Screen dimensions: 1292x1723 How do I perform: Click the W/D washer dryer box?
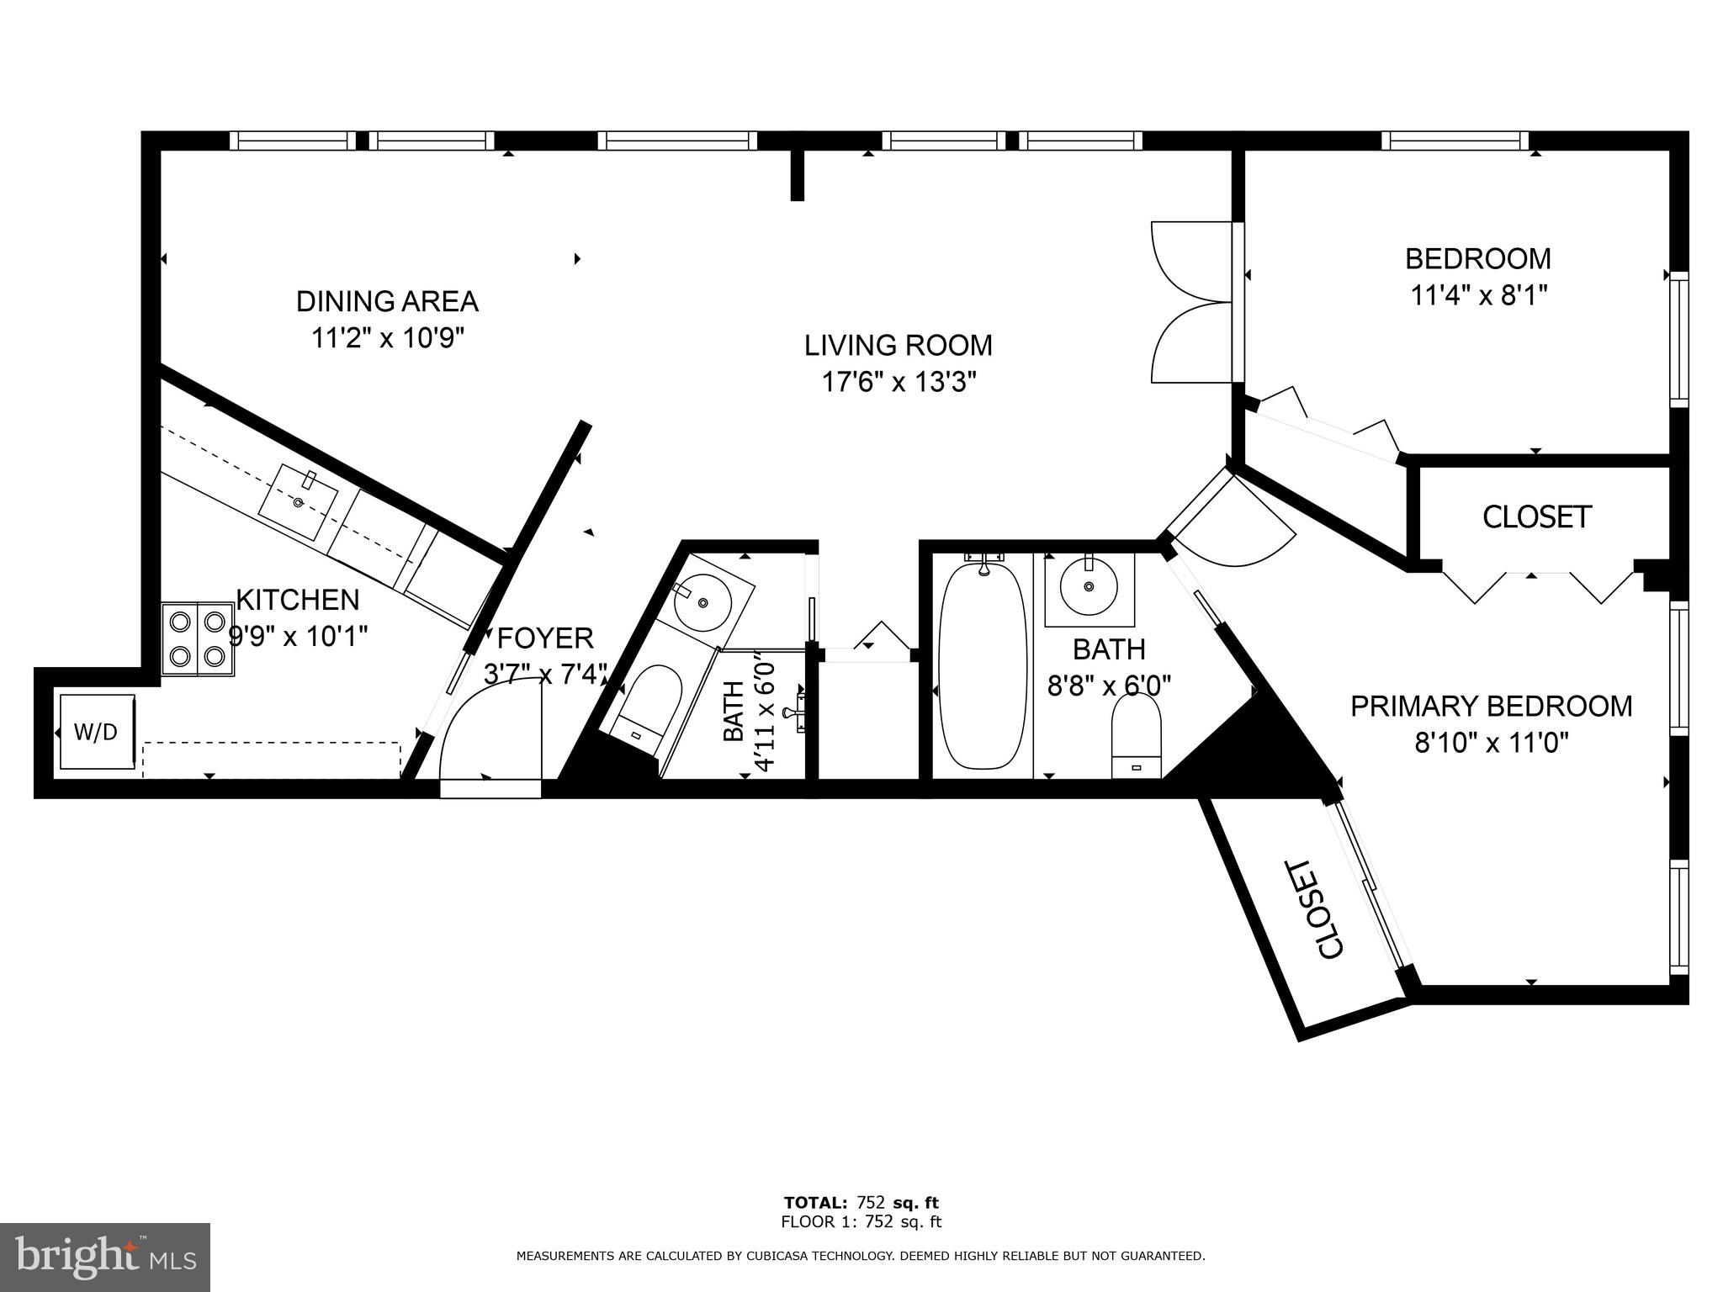click(x=96, y=731)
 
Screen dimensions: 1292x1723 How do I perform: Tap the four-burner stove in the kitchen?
click(x=198, y=638)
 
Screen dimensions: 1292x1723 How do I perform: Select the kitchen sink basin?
click(x=299, y=502)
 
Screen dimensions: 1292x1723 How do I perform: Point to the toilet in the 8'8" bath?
click(x=1136, y=736)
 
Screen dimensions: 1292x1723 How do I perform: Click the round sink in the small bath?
click(x=702, y=602)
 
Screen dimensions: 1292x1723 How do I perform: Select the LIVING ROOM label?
click(x=898, y=346)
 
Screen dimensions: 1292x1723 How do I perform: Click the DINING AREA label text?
click(x=387, y=301)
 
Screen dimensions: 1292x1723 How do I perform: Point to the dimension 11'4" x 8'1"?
click(x=1479, y=295)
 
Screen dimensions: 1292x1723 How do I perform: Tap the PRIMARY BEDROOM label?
click(x=1491, y=706)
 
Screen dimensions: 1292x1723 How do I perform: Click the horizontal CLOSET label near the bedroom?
click(x=1536, y=517)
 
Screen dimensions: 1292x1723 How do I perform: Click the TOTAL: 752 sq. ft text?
click(x=861, y=1202)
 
